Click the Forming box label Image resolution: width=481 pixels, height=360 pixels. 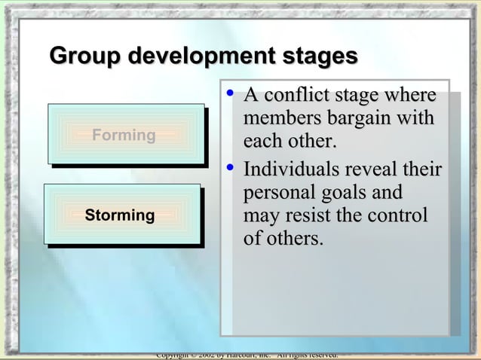point(124,136)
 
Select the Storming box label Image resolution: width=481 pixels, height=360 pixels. point(120,215)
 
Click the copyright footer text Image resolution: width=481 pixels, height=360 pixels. point(246,355)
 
